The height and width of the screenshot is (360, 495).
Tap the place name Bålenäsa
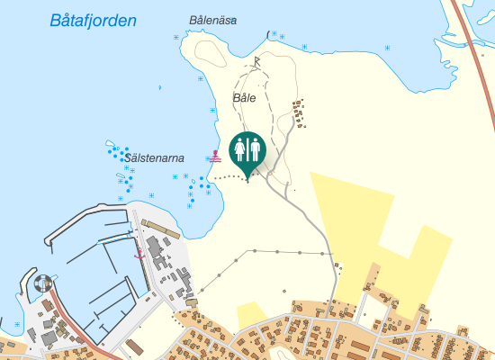tap(212, 20)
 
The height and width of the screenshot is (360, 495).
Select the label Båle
tap(244, 97)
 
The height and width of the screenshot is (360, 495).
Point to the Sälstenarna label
tap(155, 157)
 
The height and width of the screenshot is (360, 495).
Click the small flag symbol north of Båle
tap(257, 61)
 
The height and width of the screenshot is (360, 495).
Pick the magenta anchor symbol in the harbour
tap(139, 255)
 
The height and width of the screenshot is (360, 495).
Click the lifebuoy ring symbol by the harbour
tap(42, 283)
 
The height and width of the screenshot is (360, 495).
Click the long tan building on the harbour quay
tap(161, 229)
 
